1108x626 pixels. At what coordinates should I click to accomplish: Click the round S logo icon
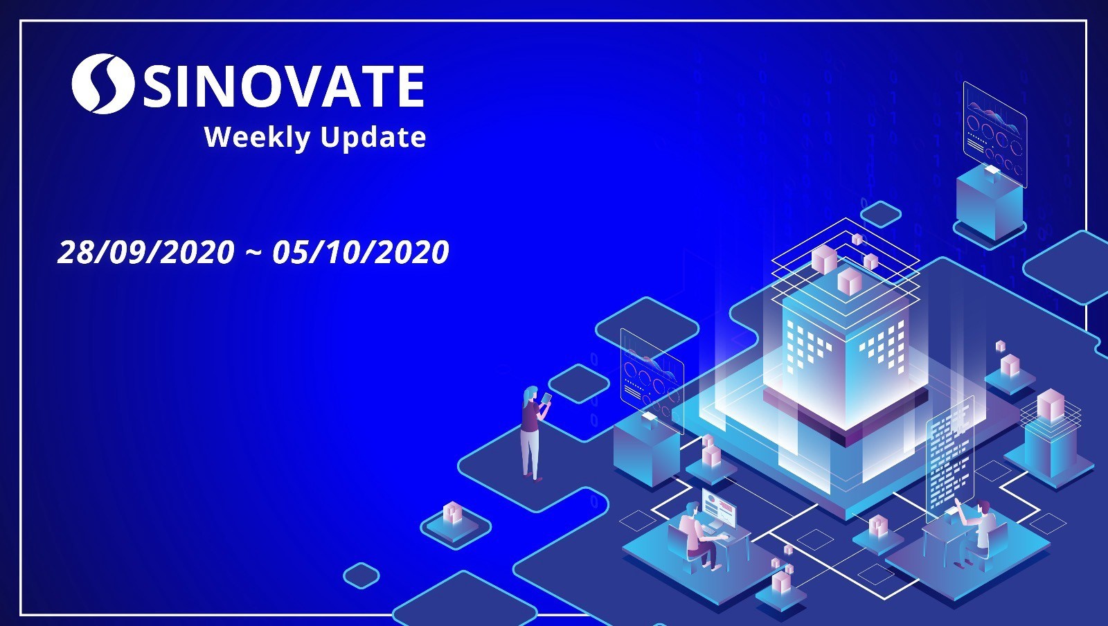tap(102, 84)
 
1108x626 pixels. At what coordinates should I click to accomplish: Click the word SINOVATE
tap(284, 87)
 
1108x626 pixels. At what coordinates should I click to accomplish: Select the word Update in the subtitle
tap(373, 137)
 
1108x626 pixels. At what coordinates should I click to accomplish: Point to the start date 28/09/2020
tap(146, 251)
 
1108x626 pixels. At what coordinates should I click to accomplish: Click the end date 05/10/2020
tap(361, 251)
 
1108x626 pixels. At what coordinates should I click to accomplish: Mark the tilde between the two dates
tap(253, 253)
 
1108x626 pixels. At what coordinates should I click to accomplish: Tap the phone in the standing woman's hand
tap(546, 398)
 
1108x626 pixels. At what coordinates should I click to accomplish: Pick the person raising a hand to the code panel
tap(974, 533)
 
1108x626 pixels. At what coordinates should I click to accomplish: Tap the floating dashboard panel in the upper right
tap(994, 134)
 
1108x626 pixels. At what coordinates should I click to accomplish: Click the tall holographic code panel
tap(949, 460)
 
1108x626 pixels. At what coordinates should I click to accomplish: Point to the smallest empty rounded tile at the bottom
tap(361, 575)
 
